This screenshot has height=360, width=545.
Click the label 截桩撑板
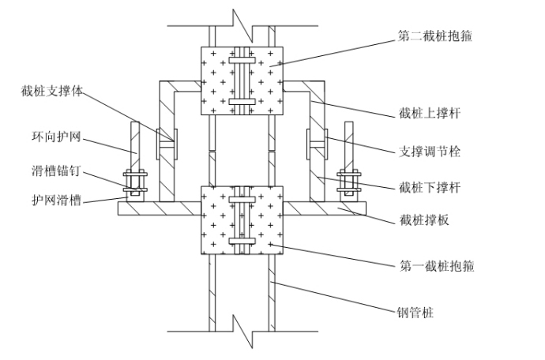coord(424,221)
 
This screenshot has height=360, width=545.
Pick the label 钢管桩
coord(415,313)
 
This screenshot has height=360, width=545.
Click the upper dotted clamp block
coord(242,81)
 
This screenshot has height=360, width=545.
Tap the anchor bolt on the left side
coord(135,182)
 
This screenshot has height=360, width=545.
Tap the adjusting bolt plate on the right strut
coord(309,144)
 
